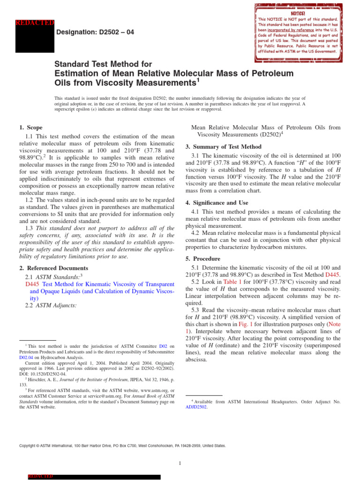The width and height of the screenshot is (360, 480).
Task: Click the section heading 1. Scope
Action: pos(31,127)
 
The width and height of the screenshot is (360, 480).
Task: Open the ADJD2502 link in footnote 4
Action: pos(196,407)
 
